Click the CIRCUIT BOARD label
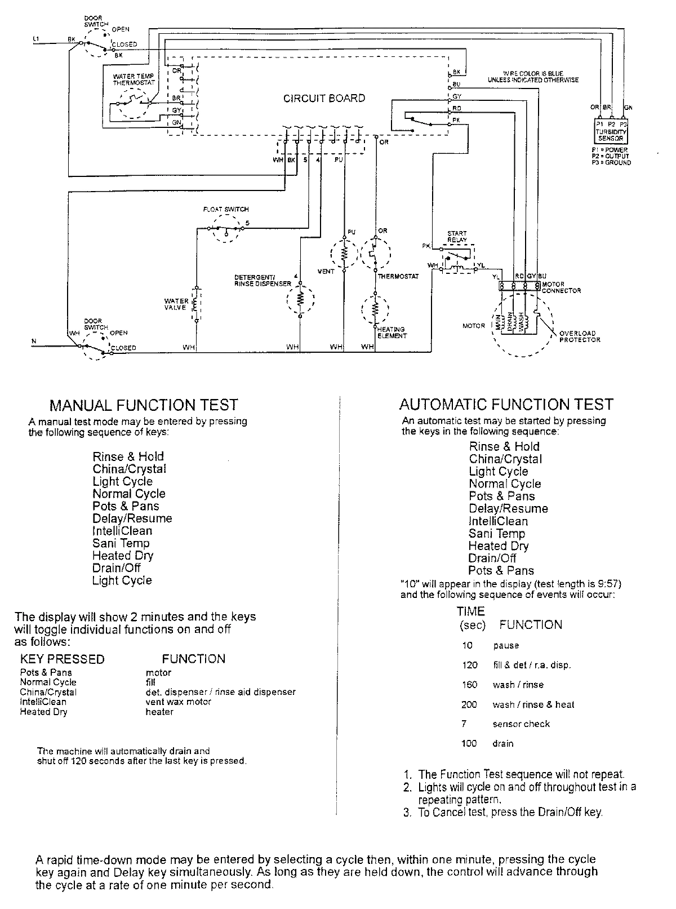[324, 99]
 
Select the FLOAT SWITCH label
[225, 209]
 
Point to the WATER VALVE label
[176, 304]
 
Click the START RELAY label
[457, 236]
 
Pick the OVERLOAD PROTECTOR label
[580, 336]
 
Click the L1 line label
[36, 38]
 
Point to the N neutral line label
[34, 342]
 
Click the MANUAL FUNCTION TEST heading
[144, 405]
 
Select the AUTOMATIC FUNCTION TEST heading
[506, 404]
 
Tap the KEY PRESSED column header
[63, 659]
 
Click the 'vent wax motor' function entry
[178, 702]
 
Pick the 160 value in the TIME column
[469, 685]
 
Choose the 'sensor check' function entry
[521, 724]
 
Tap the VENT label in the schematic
[326, 271]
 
